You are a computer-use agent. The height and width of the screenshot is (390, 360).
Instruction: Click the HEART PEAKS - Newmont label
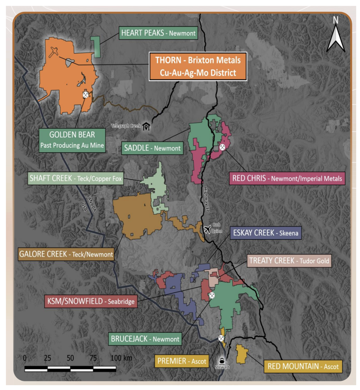[158, 34]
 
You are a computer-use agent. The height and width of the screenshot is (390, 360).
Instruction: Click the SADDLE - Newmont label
[152, 148]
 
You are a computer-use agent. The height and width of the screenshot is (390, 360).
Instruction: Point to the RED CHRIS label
[288, 178]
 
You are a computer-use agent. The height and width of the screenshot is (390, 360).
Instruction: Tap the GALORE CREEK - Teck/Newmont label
[66, 253]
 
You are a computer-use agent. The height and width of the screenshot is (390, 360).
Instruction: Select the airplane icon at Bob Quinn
[207, 229]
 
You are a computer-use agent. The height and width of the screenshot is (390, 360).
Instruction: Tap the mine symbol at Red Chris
[222, 147]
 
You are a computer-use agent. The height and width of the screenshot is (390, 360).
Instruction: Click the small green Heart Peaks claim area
[96, 47]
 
